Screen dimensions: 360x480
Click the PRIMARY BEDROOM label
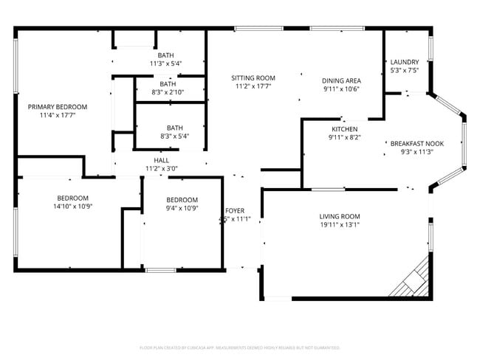point(58,107)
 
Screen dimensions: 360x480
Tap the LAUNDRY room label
point(405,62)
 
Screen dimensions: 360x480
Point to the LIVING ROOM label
point(340,216)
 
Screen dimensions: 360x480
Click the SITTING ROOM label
point(253,78)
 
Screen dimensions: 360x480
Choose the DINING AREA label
point(341,80)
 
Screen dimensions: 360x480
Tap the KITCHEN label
point(344,129)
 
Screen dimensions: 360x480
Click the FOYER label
point(235,210)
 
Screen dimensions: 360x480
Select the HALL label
point(161,160)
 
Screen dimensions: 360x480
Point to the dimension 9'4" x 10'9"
point(182,209)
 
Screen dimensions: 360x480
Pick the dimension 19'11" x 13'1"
point(340,225)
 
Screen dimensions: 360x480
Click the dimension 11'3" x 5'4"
point(165,63)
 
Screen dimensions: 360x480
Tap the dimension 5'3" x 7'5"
point(405,71)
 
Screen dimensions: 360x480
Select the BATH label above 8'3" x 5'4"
point(174,127)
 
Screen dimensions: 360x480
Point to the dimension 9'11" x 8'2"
point(344,137)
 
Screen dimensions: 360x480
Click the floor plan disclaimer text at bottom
point(239,347)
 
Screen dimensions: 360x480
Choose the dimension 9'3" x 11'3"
point(416,152)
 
